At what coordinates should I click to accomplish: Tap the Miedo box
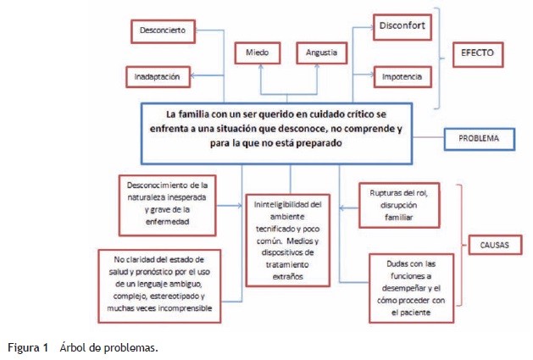[258, 53]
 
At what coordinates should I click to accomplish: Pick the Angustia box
[321, 53]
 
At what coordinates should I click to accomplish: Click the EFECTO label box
[477, 53]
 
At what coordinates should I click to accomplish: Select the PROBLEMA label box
[479, 137]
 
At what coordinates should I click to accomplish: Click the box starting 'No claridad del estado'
[159, 285]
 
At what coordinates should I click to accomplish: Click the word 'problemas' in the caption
[134, 347]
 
